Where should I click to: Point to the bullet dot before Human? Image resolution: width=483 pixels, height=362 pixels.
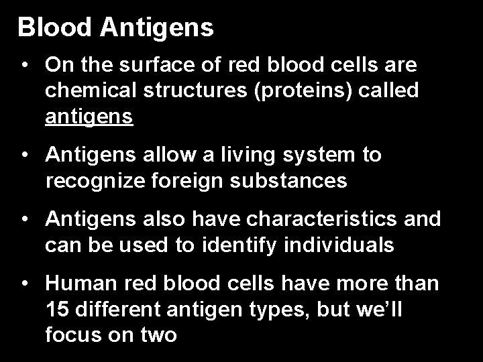pos(25,284)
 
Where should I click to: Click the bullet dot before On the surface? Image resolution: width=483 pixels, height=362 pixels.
pos(25,66)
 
